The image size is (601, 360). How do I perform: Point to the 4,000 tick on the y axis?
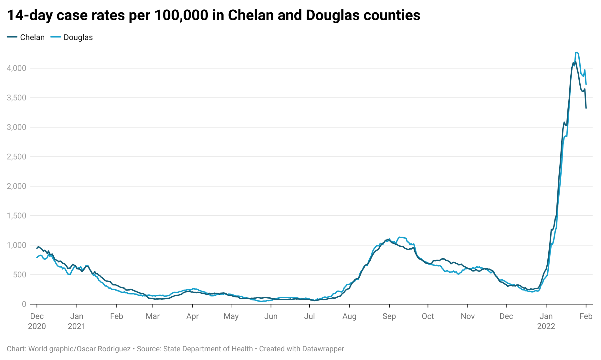pos(16,68)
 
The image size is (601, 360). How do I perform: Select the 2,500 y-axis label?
pos(16,157)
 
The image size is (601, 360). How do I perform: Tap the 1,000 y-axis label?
pos(16,245)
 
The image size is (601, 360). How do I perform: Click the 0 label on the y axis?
pos(24,304)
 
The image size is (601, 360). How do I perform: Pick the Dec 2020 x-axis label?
pos(37,321)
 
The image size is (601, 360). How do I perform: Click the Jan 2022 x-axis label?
pos(546,321)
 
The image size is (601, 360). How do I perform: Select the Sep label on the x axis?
pos(389,316)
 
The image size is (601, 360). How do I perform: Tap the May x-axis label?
pos(231,316)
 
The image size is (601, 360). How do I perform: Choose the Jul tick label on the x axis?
pos(309,316)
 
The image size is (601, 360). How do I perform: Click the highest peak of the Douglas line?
pos(577,52)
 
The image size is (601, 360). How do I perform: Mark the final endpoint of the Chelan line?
pos(586,108)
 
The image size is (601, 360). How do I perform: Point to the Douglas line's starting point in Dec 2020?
pos(37,258)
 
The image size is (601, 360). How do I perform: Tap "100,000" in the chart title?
pos(181,15)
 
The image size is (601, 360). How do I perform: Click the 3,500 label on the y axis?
pos(16,98)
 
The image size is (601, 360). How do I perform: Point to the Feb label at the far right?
pos(586,316)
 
